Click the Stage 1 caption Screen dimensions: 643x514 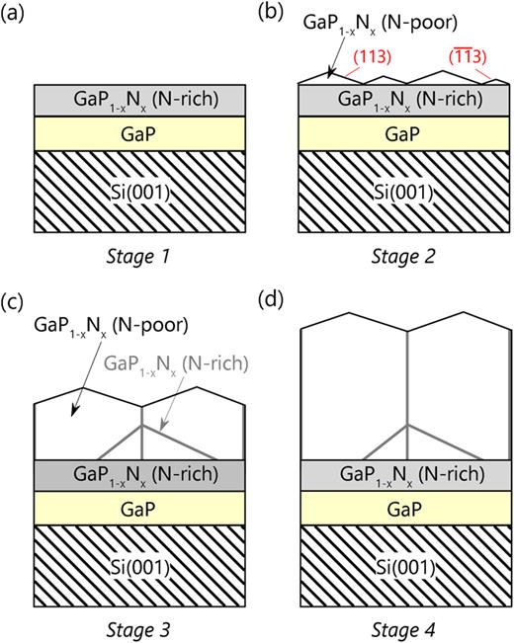(138, 261)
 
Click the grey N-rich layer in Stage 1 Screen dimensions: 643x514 (138, 99)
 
